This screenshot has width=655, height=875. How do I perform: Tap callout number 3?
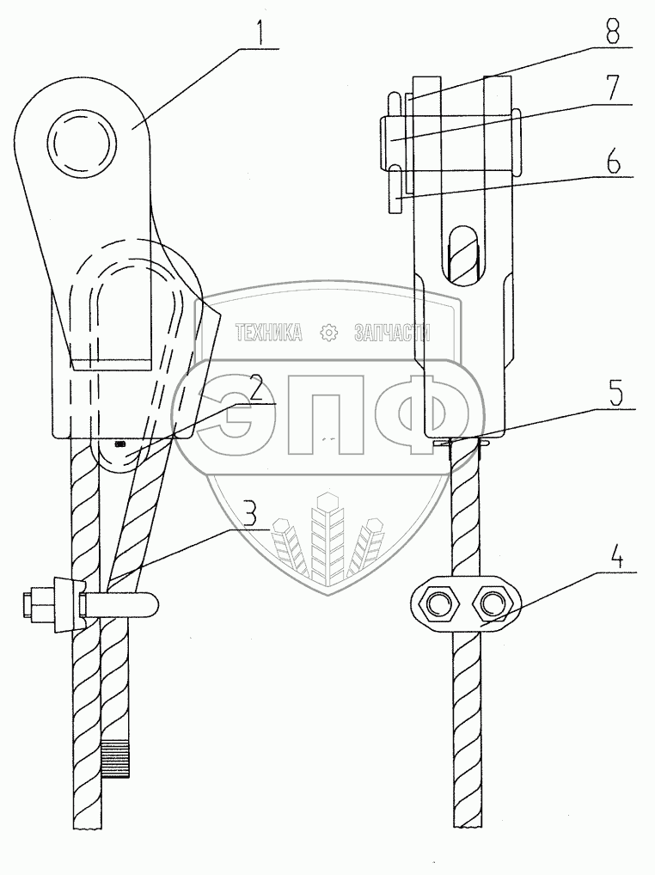pos(249,515)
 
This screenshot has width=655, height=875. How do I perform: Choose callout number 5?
pos(614,392)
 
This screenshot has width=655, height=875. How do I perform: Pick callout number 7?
pos(614,89)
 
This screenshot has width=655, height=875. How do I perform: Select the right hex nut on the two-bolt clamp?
pos(493,604)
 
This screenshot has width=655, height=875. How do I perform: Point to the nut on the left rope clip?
pos(40,605)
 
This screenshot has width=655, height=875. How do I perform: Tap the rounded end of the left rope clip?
pos(150,605)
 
